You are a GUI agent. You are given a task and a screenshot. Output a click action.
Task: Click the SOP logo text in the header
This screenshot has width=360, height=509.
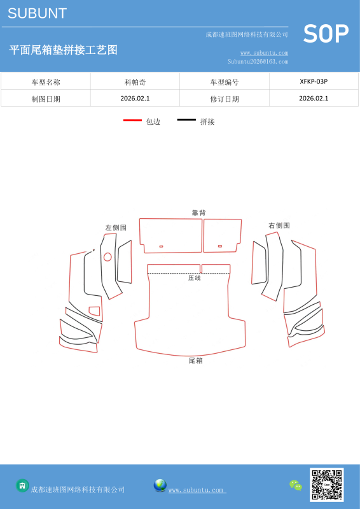point(326,34)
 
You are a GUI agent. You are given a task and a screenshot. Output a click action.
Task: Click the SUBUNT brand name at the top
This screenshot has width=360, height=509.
point(38,13)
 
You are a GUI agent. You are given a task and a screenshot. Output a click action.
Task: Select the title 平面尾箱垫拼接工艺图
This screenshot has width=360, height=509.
point(64,50)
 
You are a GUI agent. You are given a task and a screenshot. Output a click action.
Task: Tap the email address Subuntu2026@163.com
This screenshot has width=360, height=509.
point(258,61)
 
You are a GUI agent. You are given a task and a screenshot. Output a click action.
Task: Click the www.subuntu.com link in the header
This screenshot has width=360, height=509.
point(264,53)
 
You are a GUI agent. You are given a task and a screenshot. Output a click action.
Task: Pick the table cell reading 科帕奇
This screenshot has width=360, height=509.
point(135,82)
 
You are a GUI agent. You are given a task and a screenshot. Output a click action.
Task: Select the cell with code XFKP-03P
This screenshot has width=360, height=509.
point(314,81)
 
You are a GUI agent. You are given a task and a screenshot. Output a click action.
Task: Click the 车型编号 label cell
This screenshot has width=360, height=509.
point(225,82)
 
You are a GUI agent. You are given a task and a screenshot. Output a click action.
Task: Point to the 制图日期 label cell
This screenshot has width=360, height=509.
point(46,99)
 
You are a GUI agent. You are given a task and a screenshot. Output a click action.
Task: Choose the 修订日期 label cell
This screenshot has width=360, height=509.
point(225,99)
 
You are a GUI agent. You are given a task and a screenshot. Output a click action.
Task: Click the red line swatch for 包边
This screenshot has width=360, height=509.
point(132,120)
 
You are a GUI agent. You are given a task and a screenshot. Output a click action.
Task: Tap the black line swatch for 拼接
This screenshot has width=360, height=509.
point(186,120)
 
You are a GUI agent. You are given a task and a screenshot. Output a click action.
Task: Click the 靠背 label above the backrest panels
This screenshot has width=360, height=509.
point(198,213)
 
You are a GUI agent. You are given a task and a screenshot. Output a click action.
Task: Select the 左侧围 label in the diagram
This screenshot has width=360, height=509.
point(116,228)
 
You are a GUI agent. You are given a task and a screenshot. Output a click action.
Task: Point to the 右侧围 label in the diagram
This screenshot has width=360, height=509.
point(279,225)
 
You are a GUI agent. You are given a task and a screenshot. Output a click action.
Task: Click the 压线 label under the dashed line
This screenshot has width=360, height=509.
point(195,278)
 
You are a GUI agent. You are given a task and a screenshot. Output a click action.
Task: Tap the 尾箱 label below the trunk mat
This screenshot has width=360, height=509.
point(196,360)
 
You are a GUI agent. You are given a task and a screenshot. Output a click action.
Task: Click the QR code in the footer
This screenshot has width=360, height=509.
point(326,485)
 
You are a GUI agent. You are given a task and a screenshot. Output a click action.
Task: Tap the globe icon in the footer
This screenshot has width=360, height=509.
point(160,485)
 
